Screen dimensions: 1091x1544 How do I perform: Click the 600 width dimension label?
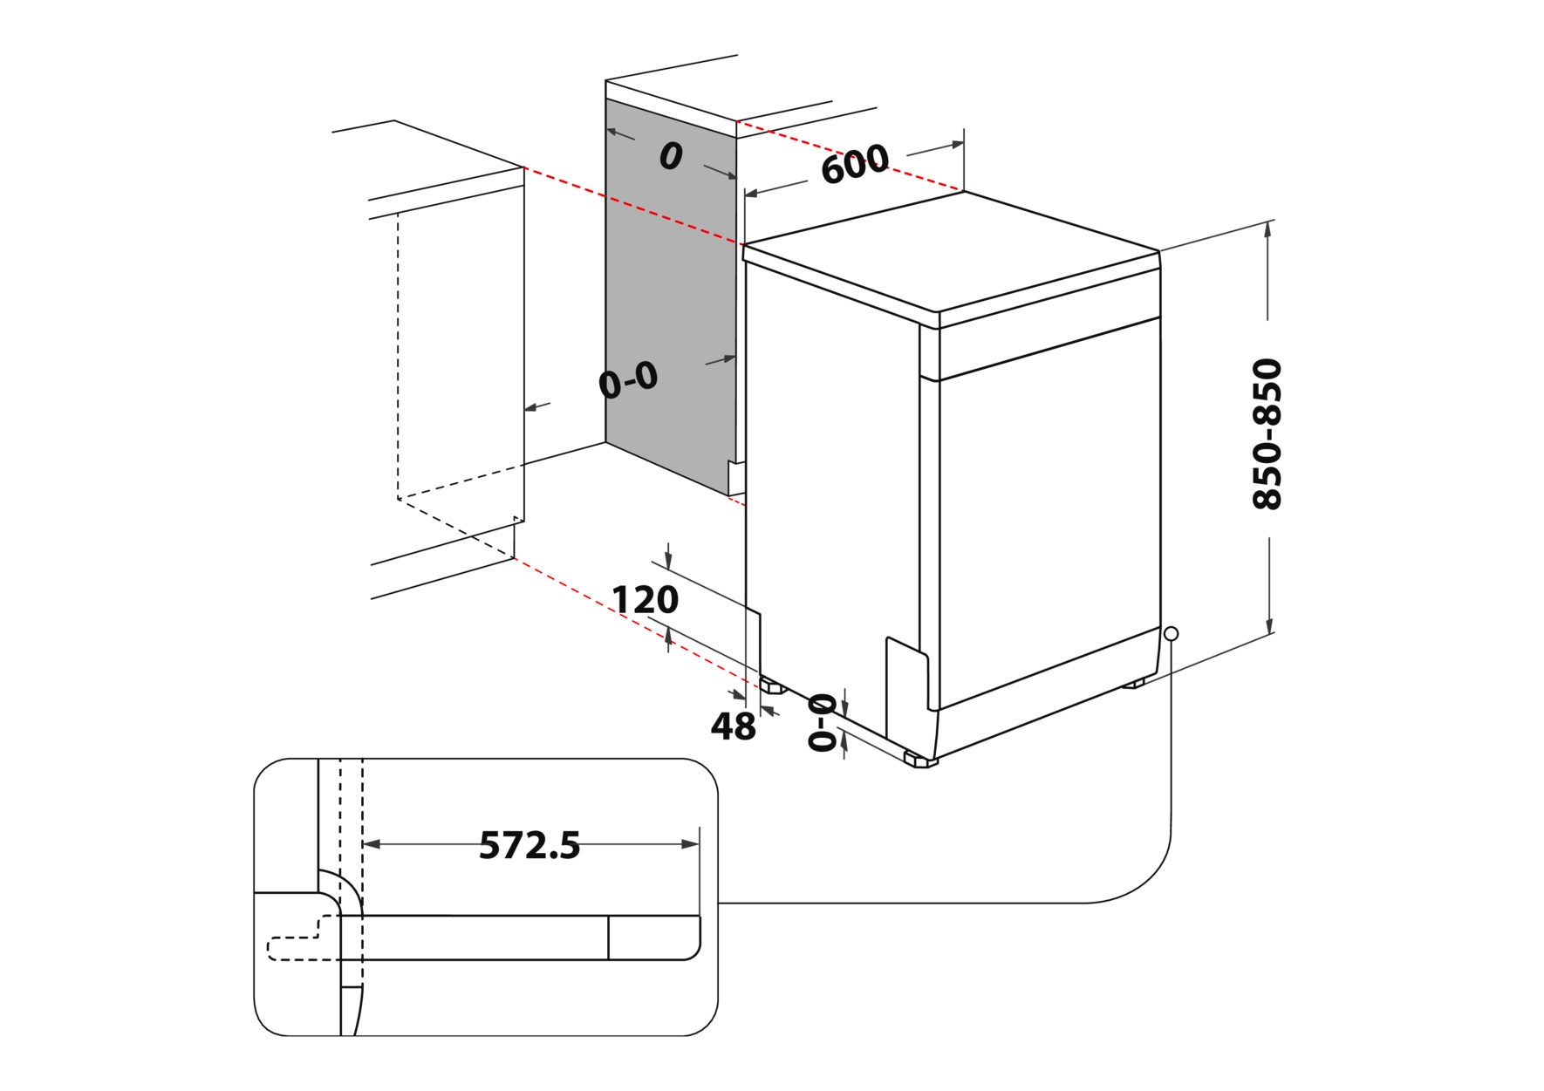pyautogui.click(x=854, y=164)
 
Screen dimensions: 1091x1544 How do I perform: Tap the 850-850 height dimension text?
pyautogui.click(x=1267, y=433)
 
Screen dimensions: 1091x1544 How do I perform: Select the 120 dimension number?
pyautogui.click(x=645, y=600)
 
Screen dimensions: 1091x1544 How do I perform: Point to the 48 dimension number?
pyautogui.click(x=733, y=726)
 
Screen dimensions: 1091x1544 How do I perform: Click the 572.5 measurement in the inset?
pyautogui.click(x=529, y=845)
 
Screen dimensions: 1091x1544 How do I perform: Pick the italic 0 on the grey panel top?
pyautogui.click(x=670, y=157)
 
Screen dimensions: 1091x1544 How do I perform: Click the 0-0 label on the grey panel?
pyautogui.click(x=628, y=381)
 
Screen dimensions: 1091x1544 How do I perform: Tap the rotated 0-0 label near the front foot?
pyautogui.click(x=823, y=722)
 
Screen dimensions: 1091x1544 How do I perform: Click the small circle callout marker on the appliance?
pyautogui.click(x=1171, y=633)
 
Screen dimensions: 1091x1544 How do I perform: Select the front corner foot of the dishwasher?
pyautogui.click(x=920, y=760)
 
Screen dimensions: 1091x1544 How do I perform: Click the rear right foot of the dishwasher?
pyautogui.click(x=1134, y=684)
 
